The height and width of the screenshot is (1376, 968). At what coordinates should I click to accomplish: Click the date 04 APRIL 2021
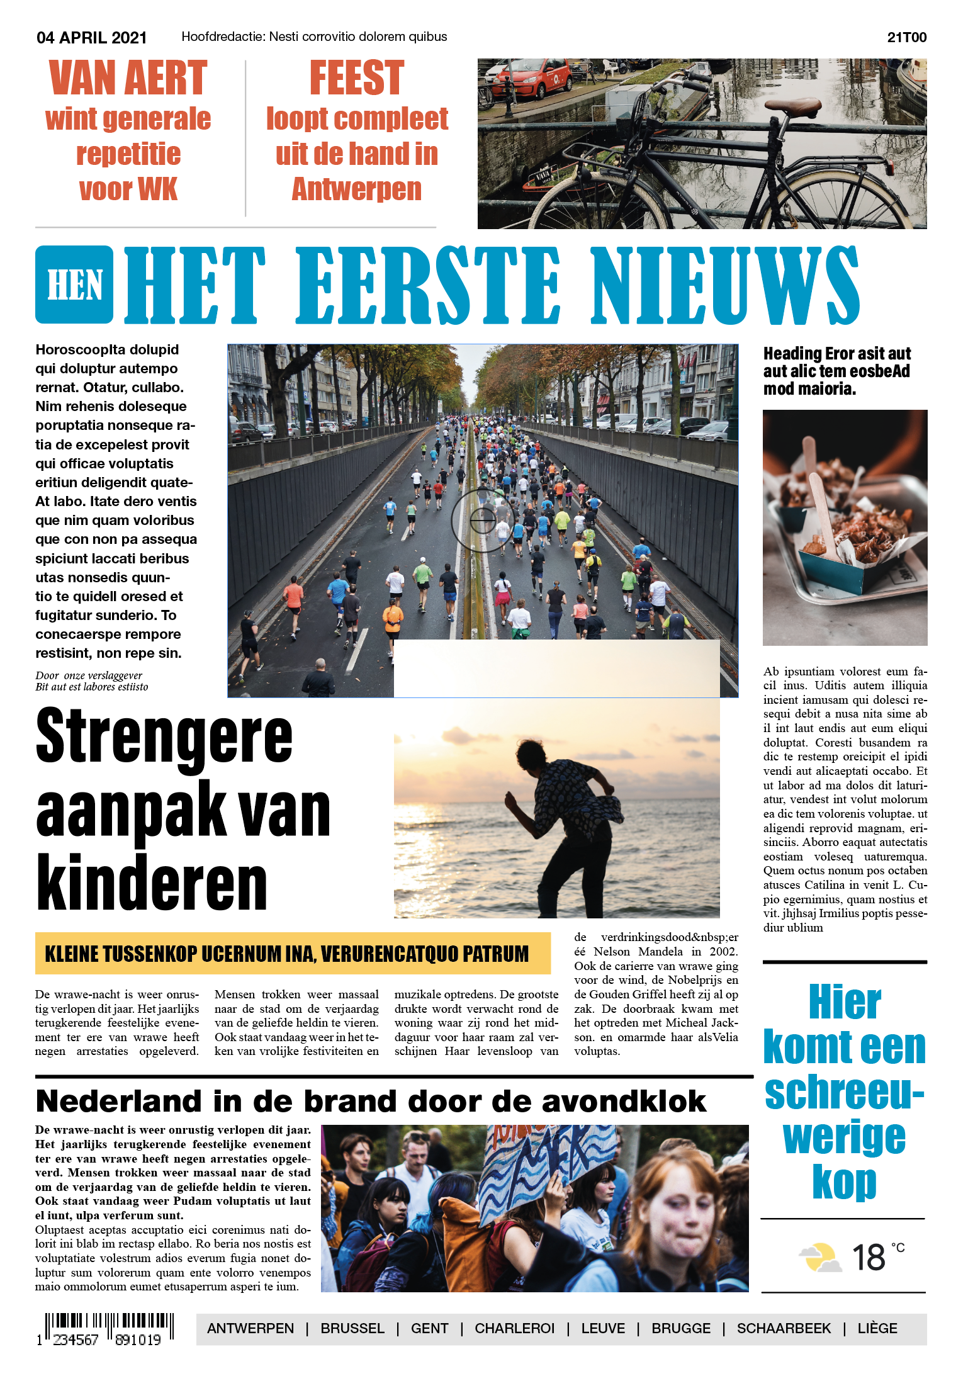pyautogui.click(x=91, y=38)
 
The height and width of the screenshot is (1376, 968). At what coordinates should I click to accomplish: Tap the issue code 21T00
pyautogui.click(x=906, y=38)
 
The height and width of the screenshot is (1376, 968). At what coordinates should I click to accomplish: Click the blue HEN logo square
pyautogui.click(x=74, y=285)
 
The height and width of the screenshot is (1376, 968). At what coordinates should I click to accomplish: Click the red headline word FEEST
pyautogui.click(x=356, y=78)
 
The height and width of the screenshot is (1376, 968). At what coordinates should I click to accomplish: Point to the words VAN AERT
pyautogui.click(x=128, y=78)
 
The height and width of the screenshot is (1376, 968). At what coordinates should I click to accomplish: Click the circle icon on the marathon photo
pyautogui.click(x=483, y=520)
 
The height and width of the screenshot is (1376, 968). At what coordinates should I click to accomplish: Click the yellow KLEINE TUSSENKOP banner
pyautogui.click(x=293, y=954)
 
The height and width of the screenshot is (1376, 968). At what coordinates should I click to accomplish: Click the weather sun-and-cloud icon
pyautogui.click(x=820, y=1258)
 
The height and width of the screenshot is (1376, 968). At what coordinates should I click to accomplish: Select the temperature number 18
pyautogui.click(x=869, y=1258)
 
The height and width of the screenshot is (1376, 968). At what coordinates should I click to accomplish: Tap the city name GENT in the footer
pyautogui.click(x=429, y=1329)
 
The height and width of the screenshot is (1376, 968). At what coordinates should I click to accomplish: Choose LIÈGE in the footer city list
pyautogui.click(x=877, y=1329)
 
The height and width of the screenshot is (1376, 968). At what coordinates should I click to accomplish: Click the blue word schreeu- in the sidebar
pyautogui.click(x=844, y=1093)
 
